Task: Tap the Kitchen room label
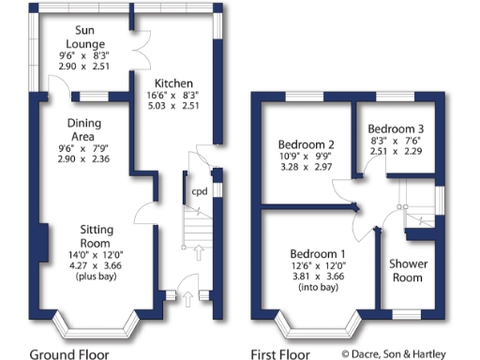pyautogui.click(x=175, y=82)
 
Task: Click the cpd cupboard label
pyautogui.click(x=200, y=192)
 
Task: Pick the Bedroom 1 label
pyautogui.click(x=317, y=254)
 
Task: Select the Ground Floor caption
pyautogui.click(x=69, y=353)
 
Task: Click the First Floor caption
pyautogui.click(x=280, y=353)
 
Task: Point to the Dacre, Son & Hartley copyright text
pyautogui.click(x=408, y=353)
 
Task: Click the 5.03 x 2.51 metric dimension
pyautogui.click(x=175, y=106)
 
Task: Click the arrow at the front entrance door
pyautogui.click(x=187, y=299)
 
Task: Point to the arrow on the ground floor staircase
pyautogui.click(x=200, y=250)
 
